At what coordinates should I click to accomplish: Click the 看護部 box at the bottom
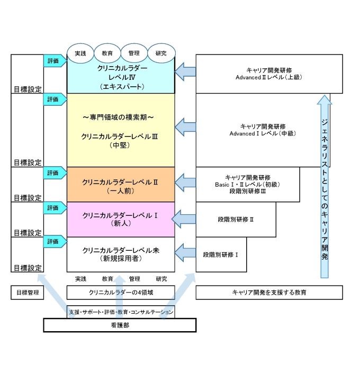click(120, 325)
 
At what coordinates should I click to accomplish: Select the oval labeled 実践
click(80, 53)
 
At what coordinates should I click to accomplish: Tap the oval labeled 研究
click(161, 53)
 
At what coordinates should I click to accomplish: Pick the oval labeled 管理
click(134, 53)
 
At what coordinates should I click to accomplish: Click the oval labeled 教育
click(107, 53)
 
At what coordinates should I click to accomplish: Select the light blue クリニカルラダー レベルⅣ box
click(121, 77)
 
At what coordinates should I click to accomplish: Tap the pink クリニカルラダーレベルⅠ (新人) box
click(121, 219)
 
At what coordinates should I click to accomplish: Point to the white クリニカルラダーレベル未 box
click(121, 254)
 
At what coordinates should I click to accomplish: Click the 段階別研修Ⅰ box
click(221, 254)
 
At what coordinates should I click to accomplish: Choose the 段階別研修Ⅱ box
click(236, 219)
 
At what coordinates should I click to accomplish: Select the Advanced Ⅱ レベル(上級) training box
click(263, 74)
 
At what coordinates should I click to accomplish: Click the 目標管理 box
click(27, 292)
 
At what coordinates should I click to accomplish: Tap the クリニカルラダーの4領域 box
click(121, 292)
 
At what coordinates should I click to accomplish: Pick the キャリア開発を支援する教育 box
click(269, 292)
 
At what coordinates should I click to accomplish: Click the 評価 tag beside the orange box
click(54, 173)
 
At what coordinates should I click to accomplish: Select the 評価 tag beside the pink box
click(54, 208)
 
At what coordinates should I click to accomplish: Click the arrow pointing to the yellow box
click(185, 126)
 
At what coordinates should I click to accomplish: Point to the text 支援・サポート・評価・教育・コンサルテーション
click(121, 312)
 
